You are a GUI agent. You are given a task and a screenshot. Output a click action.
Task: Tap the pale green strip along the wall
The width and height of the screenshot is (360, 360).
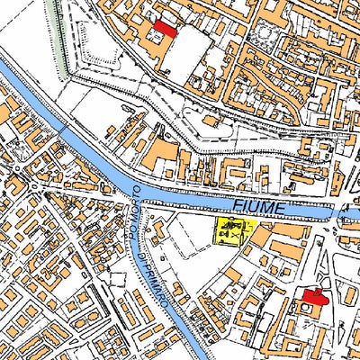[x=60, y=36]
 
